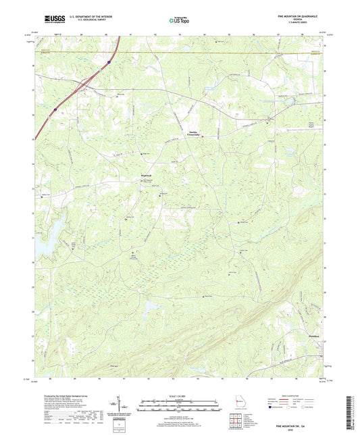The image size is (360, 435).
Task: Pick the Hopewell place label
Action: coord(147,178)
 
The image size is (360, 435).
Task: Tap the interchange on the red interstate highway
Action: coord(86,84)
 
